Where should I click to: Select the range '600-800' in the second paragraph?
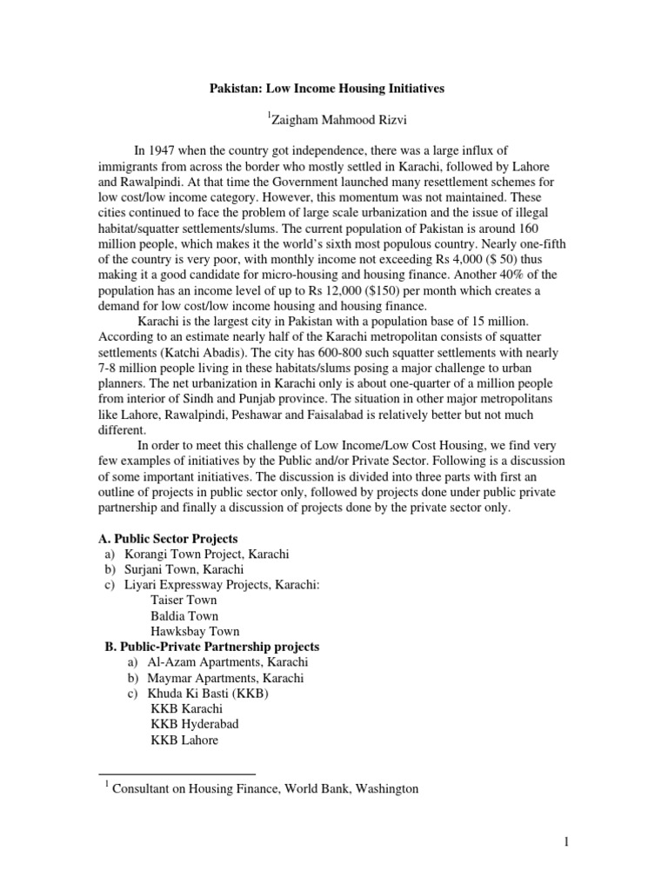(x=325, y=355)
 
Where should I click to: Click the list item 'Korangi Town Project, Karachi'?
(x=207, y=555)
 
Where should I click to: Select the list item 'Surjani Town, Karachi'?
(x=184, y=570)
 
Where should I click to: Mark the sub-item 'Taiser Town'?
(x=184, y=601)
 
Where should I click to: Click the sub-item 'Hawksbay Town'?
(x=194, y=632)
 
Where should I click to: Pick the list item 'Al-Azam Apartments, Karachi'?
(x=227, y=662)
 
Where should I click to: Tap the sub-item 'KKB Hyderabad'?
(x=194, y=725)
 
